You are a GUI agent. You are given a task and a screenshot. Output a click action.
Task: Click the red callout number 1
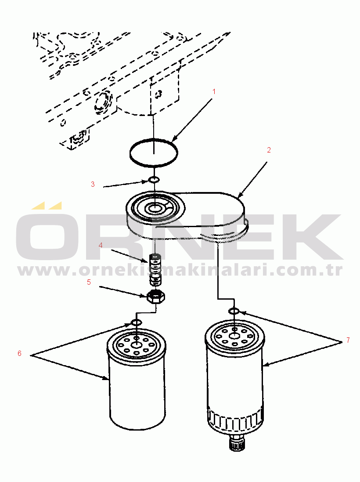click(214, 91)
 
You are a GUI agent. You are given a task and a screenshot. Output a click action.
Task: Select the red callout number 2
click(269, 150)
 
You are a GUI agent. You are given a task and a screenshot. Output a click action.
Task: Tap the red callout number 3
click(93, 184)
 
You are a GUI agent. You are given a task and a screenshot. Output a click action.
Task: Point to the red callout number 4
click(101, 245)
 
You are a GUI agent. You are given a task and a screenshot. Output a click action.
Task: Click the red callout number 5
click(89, 282)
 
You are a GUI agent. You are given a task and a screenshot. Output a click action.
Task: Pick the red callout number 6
click(19, 354)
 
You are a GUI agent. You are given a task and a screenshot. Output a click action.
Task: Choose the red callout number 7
click(348, 340)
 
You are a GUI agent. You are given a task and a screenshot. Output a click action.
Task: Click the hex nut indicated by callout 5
click(156, 296)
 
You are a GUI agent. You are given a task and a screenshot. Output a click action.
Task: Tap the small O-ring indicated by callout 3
click(153, 180)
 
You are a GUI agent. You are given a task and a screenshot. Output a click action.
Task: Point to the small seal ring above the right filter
click(234, 312)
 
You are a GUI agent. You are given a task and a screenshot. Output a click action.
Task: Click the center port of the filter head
click(154, 209)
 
